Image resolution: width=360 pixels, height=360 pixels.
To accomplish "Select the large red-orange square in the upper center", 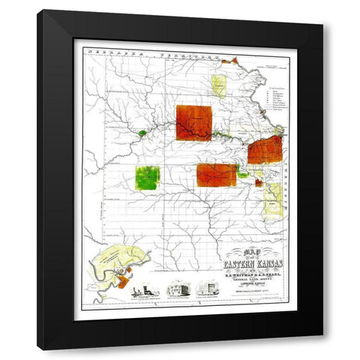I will tap(193, 122).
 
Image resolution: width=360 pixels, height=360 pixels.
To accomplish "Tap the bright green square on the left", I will tap(147, 178).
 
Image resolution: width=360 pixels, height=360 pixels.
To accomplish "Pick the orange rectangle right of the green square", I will tap(216, 175).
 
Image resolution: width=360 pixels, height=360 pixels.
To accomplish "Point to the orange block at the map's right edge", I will tap(265, 150).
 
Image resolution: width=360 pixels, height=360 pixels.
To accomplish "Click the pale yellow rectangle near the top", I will tap(218, 85).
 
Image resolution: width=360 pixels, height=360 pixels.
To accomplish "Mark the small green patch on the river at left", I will tap(142, 133).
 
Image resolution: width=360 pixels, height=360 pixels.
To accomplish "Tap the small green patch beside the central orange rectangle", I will tap(242, 174).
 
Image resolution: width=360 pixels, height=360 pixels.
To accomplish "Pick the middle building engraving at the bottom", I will tap(176, 290).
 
